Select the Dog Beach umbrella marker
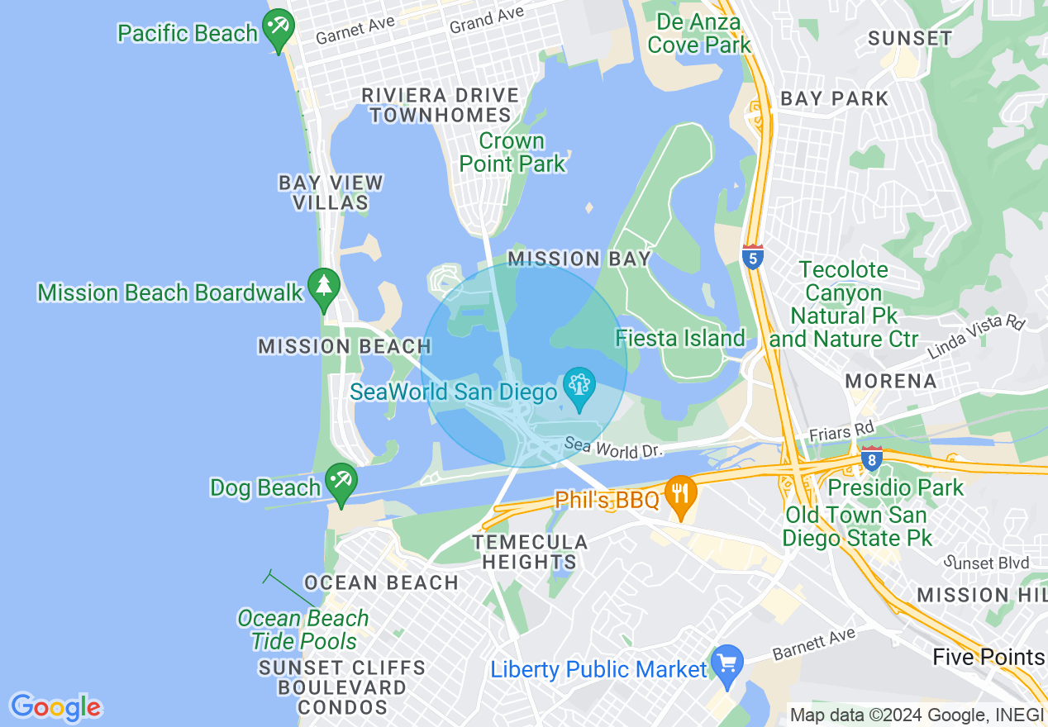341,482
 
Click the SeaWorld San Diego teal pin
579,386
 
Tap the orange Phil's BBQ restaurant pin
679,494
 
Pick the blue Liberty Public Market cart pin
727,663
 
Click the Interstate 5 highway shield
752,257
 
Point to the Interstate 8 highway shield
870,459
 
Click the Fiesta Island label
680,338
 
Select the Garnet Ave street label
355,31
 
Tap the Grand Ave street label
487,20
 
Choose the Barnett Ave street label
813,644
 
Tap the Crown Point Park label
512,152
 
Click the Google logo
55,707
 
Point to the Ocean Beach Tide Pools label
303,630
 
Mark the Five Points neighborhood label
988,657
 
